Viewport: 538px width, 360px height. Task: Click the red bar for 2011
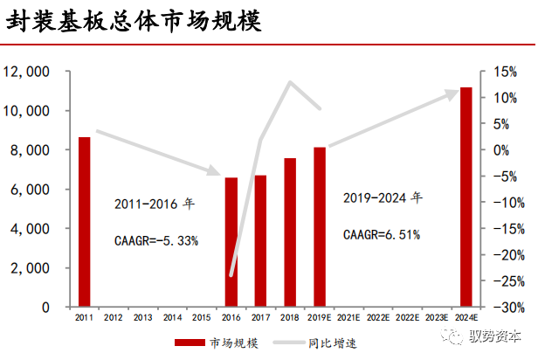[84, 222]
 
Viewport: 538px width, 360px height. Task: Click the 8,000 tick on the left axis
[30, 150]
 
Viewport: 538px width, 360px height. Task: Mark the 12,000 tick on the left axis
[26, 72]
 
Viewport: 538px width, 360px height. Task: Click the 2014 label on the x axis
[172, 318]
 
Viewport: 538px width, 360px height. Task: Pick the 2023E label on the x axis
[437, 318]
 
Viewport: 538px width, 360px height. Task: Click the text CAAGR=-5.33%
[156, 239]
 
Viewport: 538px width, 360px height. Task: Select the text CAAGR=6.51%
[382, 233]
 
